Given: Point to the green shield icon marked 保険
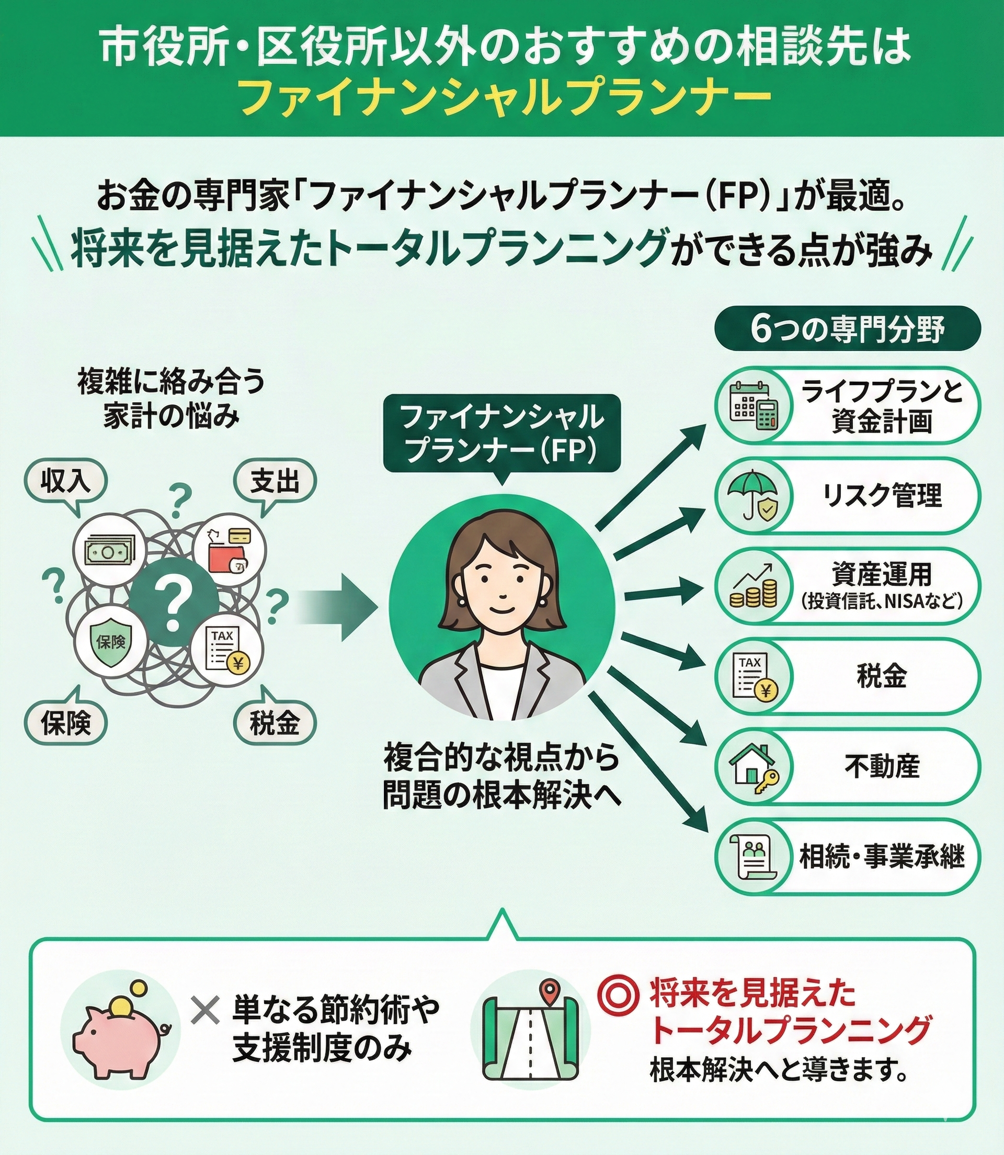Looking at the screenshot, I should [111, 642].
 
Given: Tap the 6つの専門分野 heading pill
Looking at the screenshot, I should [848, 330].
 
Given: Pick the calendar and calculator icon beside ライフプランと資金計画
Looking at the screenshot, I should [754, 406].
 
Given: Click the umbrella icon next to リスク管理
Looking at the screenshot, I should [754, 496].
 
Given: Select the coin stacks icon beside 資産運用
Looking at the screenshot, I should [754, 586].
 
